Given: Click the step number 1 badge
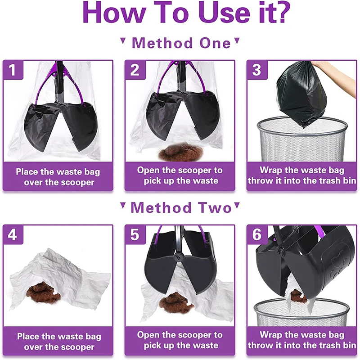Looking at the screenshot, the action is click(13, 70).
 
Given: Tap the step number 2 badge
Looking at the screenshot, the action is click(135, 70).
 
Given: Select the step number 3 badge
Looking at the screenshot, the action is click(257, 70).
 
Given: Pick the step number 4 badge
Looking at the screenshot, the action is click(13, 234).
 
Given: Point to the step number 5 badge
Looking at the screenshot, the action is click(135, 234).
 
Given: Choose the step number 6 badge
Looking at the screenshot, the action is click(257, 234).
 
